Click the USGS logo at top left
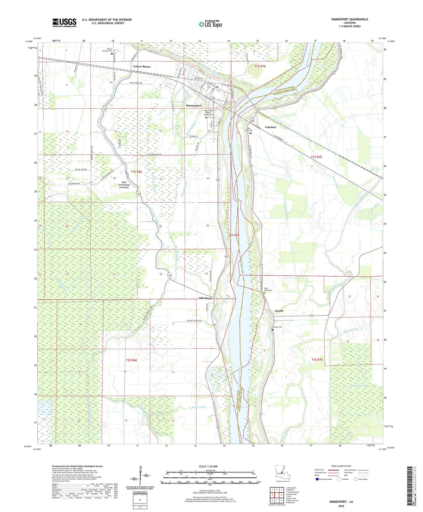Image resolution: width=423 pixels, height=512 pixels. [64, 23]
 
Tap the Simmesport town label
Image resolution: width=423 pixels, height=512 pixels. [193, 106]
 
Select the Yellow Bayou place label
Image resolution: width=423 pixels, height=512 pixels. [142, 67]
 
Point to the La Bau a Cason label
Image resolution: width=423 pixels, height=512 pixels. [197, 407]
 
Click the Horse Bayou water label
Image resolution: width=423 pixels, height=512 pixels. [357, 385]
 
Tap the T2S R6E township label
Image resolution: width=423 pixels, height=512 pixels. [131, 360]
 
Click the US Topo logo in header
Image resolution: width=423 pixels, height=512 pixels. [210, 24]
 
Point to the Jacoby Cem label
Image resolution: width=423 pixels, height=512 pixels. [277, 327]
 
